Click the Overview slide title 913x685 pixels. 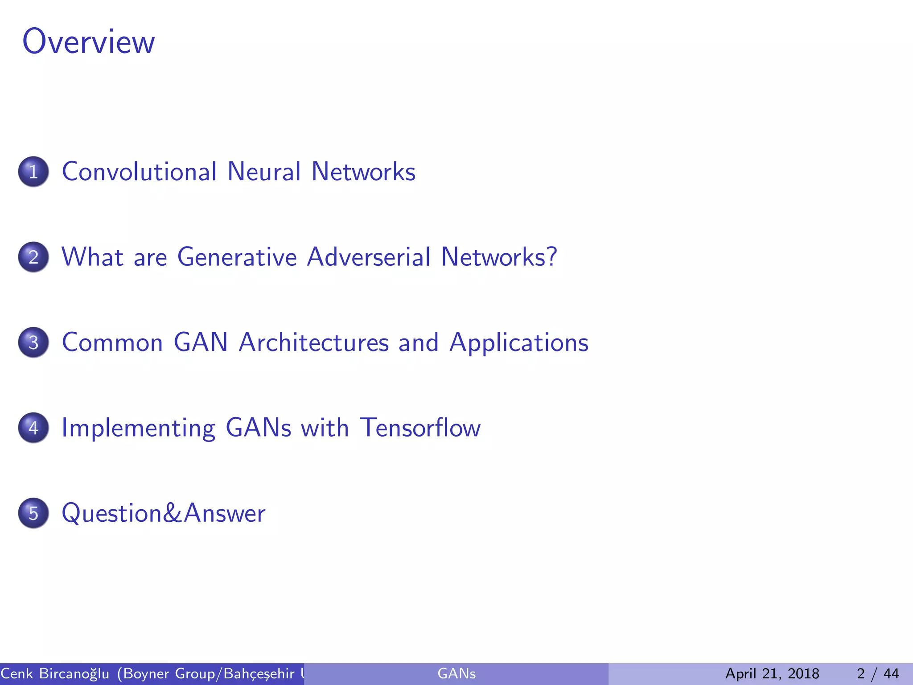coord(88,41)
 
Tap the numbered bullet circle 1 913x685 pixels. coord(33,172)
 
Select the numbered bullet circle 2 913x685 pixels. coord(33,257)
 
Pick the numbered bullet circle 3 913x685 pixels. coord(33,342)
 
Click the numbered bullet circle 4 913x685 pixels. coord(33,428)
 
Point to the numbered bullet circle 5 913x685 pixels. coord(33,513)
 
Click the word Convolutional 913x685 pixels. coord(139,172)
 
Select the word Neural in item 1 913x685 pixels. coord(264,172)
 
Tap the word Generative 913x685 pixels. coord(237,257)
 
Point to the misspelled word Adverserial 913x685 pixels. coord(369,257)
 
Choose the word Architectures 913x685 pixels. coord(314,342)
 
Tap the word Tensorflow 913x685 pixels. coord(420,428)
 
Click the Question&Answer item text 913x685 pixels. coord(163,513)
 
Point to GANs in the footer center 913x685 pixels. coord(456,673)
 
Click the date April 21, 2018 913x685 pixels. coord(772,673)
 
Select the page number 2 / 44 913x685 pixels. coord(878,673)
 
